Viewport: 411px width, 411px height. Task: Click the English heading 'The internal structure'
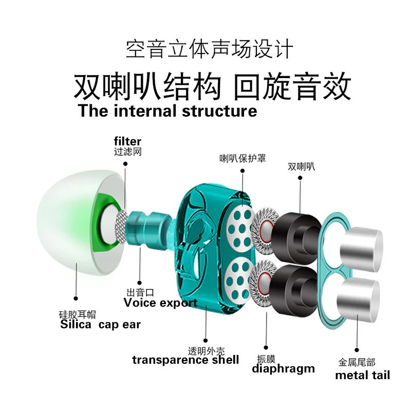167,111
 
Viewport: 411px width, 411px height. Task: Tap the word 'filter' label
127,141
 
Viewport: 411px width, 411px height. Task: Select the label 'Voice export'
160,303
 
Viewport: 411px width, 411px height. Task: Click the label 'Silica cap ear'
100,325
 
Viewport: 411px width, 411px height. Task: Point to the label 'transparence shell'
185,360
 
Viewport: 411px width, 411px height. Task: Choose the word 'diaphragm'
283,368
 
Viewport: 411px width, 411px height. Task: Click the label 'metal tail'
363,375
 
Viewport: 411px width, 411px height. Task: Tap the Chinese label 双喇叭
302,166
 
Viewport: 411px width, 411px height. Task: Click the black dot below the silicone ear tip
76,298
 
